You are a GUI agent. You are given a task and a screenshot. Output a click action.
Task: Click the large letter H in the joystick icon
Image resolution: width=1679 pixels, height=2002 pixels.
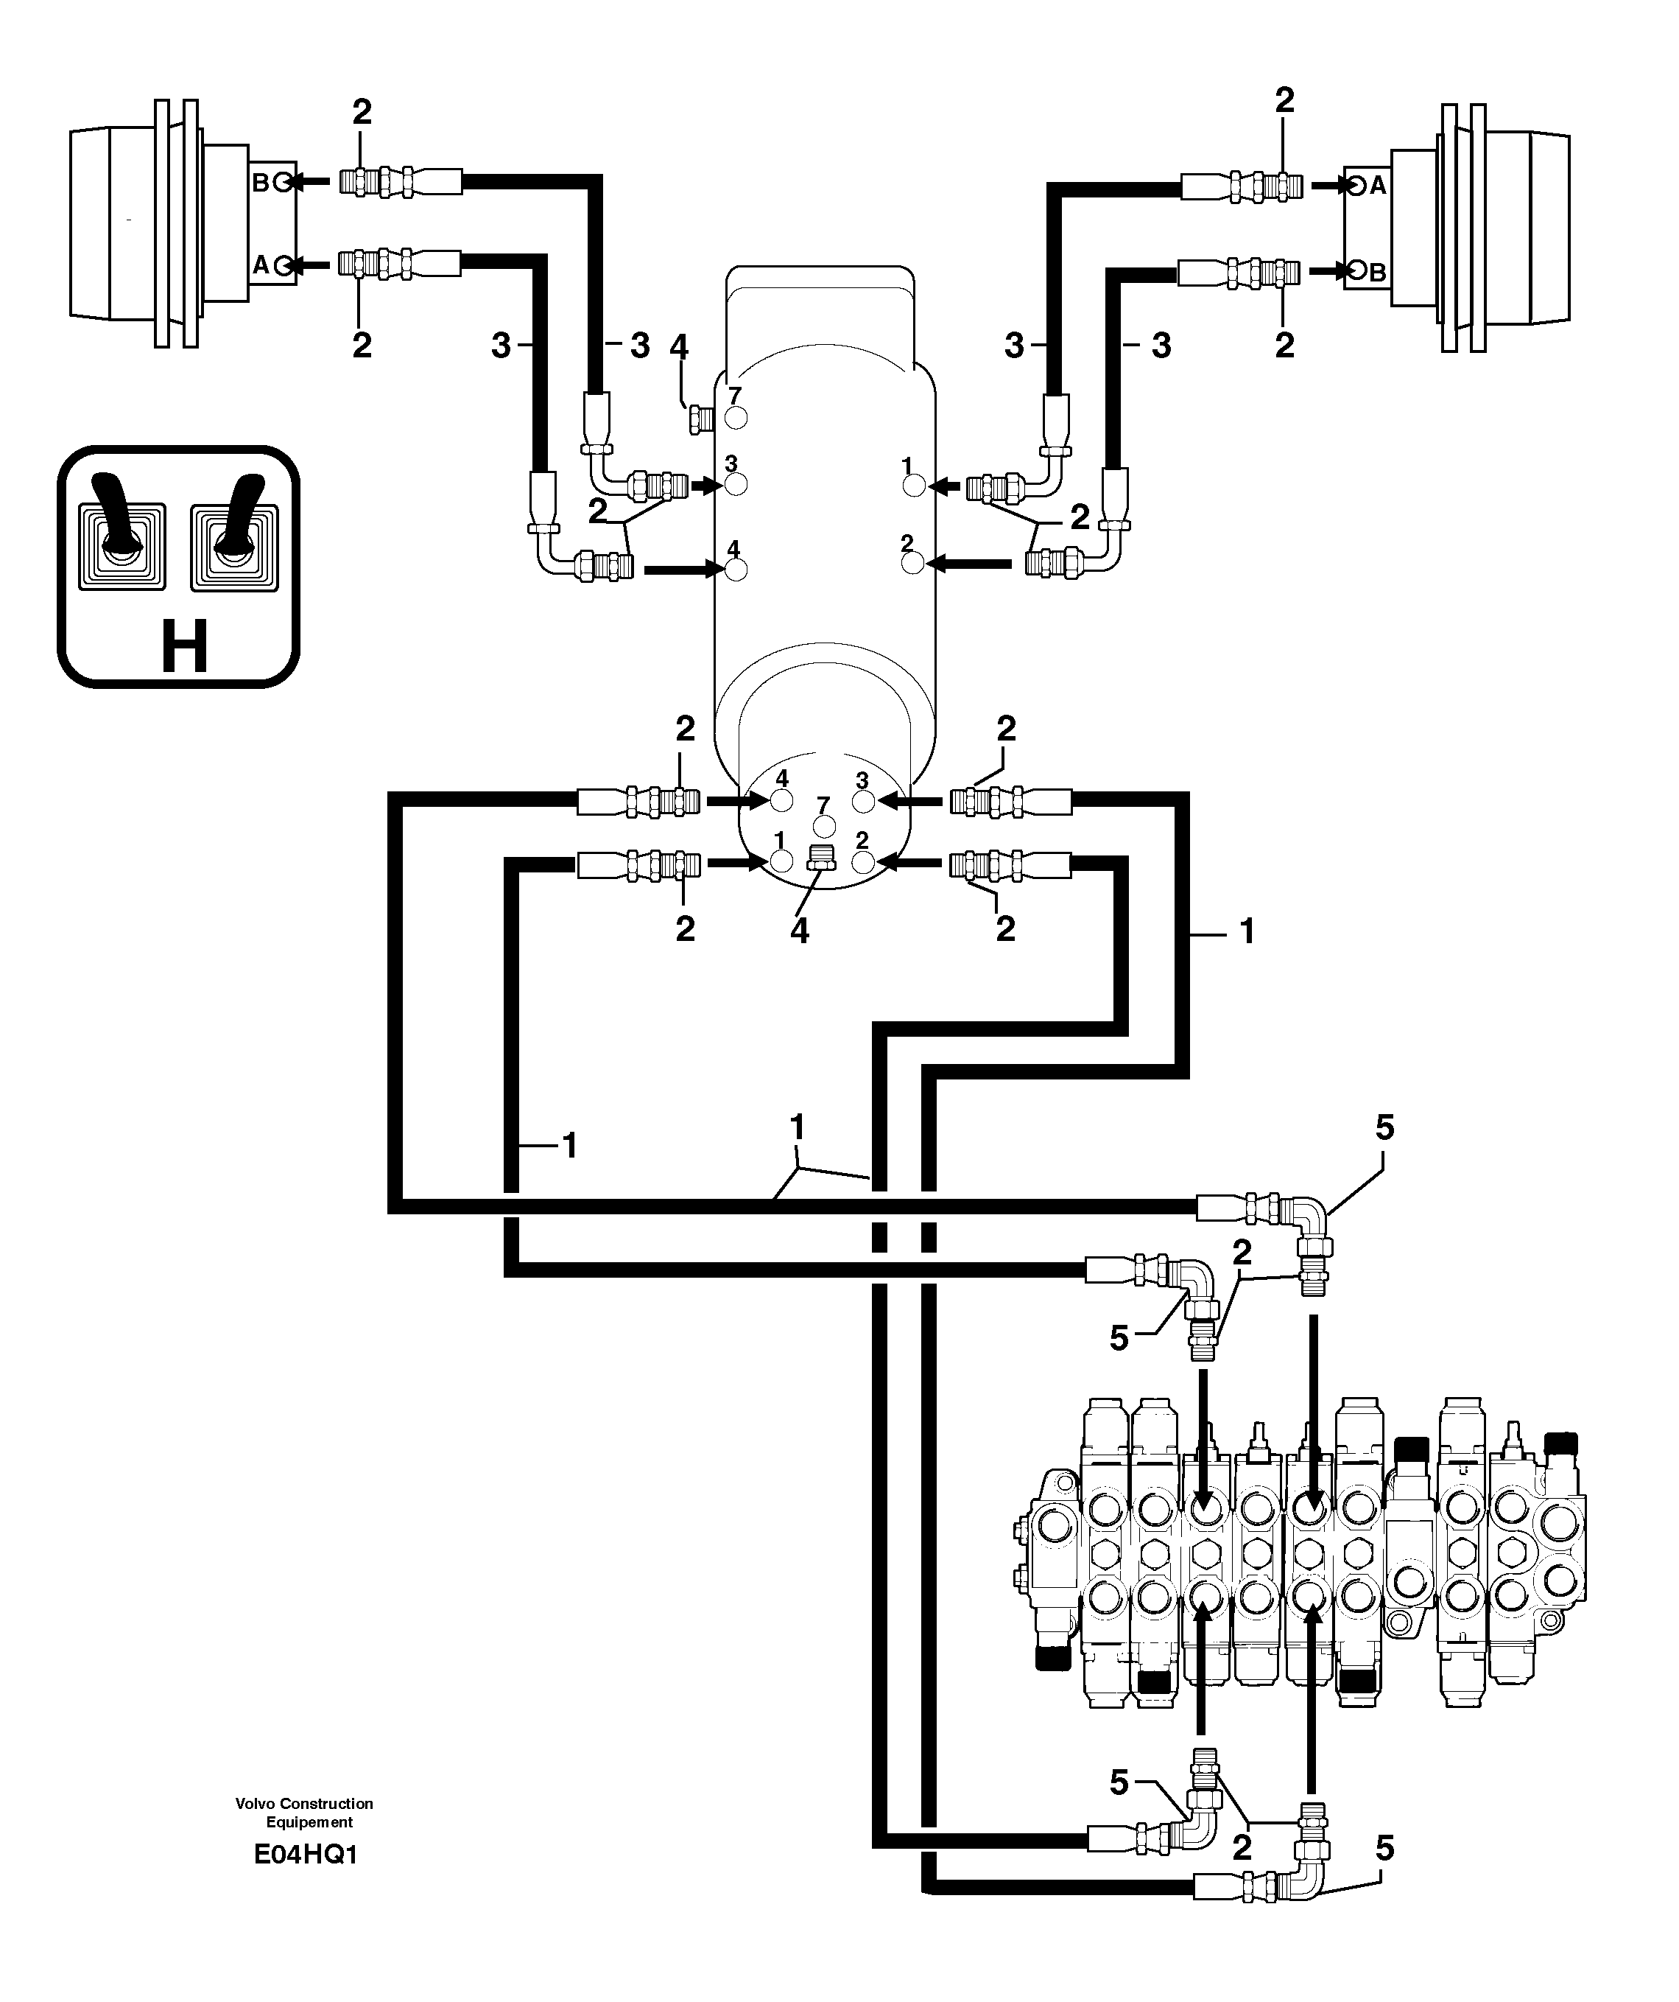pyautogui.click(x=184, y=646)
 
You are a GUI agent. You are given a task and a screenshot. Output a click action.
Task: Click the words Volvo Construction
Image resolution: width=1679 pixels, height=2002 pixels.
pyautogui.click(x=304, y=1803)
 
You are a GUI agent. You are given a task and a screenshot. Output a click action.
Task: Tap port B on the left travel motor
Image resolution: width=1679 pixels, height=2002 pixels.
pyautogui.click(x=282, y=183)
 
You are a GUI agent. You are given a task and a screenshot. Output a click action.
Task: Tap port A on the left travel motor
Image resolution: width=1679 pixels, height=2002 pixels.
pyautogui.click(x=282, y=266)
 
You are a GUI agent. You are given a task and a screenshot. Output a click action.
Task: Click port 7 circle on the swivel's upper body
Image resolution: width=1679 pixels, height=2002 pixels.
pyautogui.click(x=736, y=418)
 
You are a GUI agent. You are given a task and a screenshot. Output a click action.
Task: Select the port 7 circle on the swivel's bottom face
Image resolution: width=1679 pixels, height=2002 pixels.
pyautogui.click(x=823, y=825)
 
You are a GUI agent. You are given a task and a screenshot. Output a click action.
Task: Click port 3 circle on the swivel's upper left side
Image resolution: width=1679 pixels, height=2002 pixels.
pyautogui.click(x=736, y=484)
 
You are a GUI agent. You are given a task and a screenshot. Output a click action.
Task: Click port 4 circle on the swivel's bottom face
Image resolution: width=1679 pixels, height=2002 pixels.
pyautogui.click(x=781, y=801)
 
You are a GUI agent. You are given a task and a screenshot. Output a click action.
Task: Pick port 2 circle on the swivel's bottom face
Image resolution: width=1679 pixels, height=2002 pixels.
pyautogui.click(x=863, y=862)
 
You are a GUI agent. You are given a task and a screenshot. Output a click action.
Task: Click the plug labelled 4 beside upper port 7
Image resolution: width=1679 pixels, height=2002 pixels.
pyautogui.click(x=697, y=419)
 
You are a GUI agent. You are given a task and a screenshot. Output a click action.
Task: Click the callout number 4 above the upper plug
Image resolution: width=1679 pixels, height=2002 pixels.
pyautogui.click(x=678, y=347)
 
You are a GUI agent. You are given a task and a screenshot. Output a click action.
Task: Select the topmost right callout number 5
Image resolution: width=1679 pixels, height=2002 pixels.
pyautogui.click(x=1384, y=1128)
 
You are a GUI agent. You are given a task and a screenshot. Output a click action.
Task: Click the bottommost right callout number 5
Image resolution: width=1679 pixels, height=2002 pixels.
pyautogui.click(x=1384, y=1849)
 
